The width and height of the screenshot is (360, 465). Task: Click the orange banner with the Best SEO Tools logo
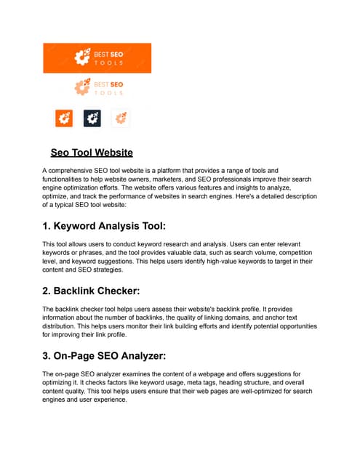pos(97,57)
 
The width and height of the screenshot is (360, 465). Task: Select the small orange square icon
pos(65,118)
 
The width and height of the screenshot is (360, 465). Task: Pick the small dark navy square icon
pos(92,118)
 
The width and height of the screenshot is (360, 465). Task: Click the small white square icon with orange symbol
pos(120,118)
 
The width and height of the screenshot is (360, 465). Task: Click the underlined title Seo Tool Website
pos(92,153)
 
